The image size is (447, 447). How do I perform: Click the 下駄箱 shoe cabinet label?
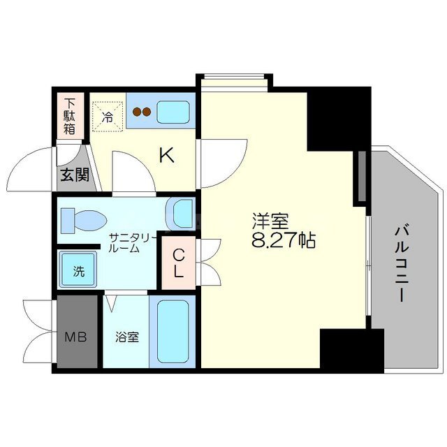[x=70, y=117]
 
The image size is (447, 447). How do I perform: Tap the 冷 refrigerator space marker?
[x=108, y=117]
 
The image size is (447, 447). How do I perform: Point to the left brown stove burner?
[x=137, y=112]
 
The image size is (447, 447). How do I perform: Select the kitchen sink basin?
[x=173, y=112]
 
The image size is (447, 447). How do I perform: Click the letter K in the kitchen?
[x=166, y=156]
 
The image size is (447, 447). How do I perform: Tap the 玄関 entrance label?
[x=75, y=175]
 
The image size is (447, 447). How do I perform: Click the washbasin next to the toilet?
[x=182, y=214]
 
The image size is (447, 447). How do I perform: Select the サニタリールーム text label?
[x=132, y=243]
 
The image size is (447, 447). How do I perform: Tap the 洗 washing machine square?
[x=78, y=270]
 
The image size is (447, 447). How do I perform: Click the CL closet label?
[x=179, y=263]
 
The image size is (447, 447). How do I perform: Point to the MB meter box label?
[x=75, y=337]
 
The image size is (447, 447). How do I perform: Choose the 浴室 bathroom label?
[x=127, y=337]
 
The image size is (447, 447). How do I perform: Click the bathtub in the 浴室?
[x=173, y=332]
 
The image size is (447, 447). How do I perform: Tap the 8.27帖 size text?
[x=284, y=240]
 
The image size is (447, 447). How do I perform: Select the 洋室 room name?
[x=270, y=221]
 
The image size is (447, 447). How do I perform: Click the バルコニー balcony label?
[x=402, y=263]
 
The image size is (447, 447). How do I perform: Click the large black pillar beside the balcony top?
[x=339, y=119]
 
